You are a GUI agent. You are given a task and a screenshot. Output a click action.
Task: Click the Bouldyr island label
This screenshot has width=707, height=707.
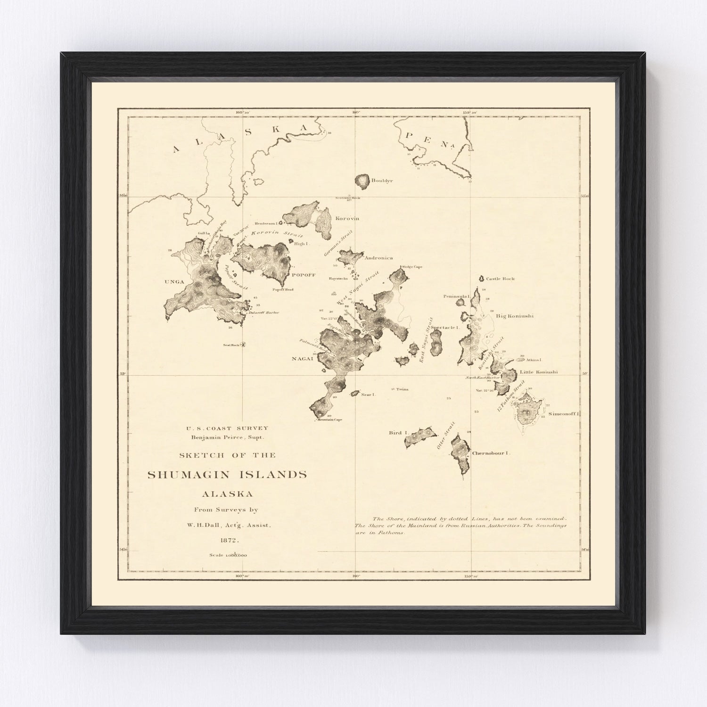[382, 181]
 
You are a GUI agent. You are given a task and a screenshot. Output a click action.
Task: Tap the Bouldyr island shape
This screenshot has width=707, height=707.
[362, 180]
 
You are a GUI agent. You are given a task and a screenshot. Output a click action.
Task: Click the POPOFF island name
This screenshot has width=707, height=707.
[303, 274]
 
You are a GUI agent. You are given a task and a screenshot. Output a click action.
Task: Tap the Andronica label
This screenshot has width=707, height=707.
[379, 258]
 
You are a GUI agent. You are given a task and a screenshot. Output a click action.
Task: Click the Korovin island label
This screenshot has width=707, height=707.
[347, 219]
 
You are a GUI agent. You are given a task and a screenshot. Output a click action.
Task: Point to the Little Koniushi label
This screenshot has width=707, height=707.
[538, 372]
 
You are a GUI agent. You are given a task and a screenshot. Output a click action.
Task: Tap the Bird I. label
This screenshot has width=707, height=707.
[395, 433]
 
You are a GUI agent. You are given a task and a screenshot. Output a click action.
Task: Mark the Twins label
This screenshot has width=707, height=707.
[402, 389]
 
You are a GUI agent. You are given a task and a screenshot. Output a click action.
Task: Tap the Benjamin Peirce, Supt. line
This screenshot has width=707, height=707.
[228, 437]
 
